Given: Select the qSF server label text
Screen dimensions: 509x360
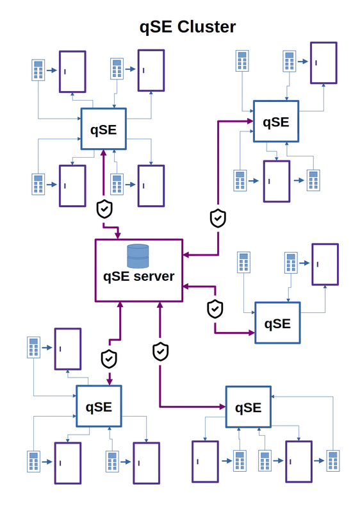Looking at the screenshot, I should point(138,276).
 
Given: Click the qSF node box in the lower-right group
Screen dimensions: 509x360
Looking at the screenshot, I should point(247,407).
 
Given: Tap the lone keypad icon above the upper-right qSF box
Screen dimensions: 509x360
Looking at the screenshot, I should point(241,60).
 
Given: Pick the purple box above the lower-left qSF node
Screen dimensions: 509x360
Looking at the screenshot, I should point(67,349).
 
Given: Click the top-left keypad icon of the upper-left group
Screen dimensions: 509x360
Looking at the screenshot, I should point(37,70).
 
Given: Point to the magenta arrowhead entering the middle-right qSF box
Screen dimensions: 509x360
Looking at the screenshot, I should point(250,331).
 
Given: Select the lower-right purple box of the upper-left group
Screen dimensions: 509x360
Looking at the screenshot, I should point(151,186).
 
